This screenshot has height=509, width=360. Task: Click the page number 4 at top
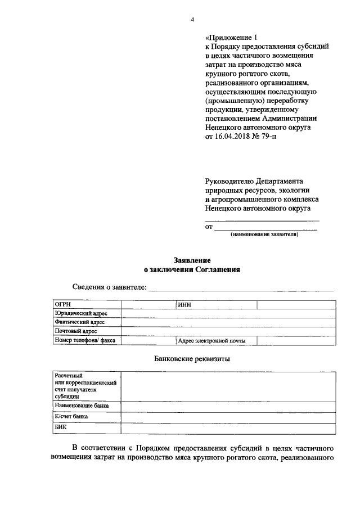click(x=192, y=20)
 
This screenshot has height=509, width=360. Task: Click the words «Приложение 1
click(x=232, y=38)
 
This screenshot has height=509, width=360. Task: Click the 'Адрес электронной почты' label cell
click(x=210, y=340)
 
